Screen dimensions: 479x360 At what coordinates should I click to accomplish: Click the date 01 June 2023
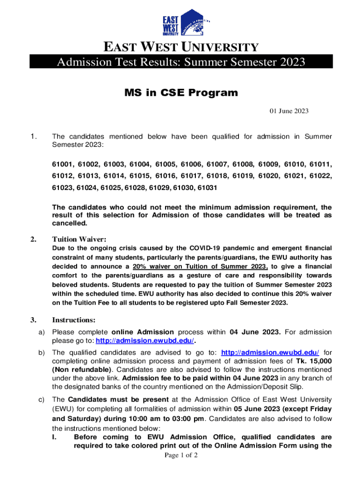(288, 111)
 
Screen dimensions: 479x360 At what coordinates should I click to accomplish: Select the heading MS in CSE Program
(180, 93)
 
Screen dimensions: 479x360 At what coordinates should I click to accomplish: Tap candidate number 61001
(62, 164)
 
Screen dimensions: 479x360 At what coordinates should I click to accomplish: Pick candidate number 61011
(319, 164)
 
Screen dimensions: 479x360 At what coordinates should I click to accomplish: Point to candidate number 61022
(319, 176)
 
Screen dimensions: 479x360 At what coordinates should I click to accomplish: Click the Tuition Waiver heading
(76, 239)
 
